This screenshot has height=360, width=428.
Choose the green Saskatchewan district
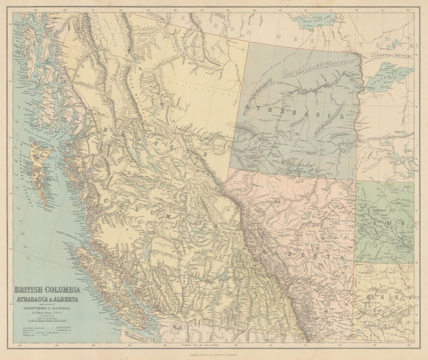click(x=385, y=221)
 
